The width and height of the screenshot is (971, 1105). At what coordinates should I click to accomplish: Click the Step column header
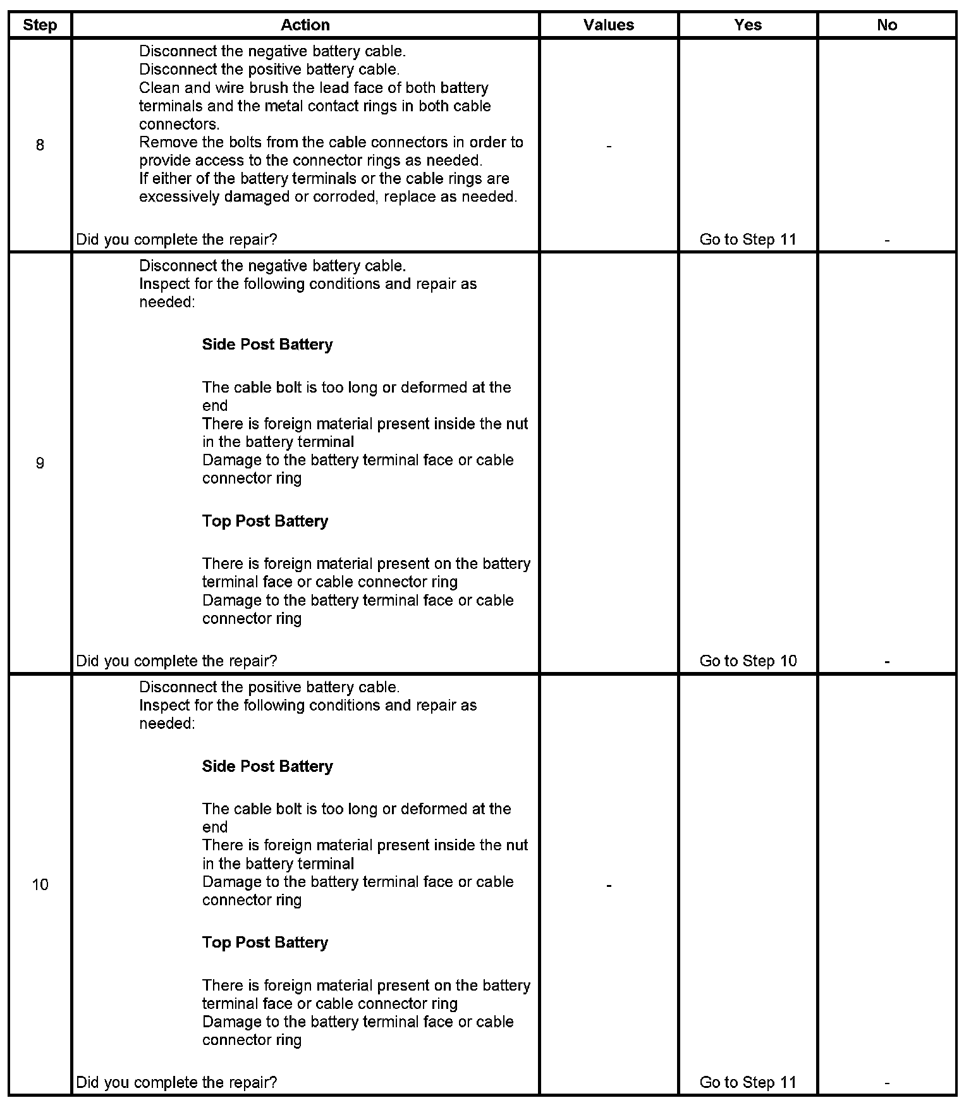pyautogui.click(x=40, y=25)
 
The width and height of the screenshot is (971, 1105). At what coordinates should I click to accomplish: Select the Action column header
pyautogui.click(x=305, y=25)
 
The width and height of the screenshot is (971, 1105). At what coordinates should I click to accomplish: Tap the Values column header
pyautogui.click(x=609, y=25)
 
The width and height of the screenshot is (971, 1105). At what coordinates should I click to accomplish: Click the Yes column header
pyautogui.click(x=748, y=25)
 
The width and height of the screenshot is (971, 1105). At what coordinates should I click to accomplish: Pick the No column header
pyautogui.click(x=887, y=25)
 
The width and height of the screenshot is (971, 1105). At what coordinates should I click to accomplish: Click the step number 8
pyautogui.click(x=40, y=145)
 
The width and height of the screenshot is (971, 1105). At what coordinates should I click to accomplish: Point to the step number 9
pyautogui.click(x=40, y=463)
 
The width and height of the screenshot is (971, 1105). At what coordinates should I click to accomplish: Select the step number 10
pyautogui.click(x=40, y=884)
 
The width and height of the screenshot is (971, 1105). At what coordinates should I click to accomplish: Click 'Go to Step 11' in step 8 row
pyautogui.click(x=748, y=240)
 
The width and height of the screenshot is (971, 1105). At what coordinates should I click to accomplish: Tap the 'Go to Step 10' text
pyautogui.click(x=748, y=661)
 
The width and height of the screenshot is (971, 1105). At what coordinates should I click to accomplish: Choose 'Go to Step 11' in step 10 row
pyautogui.click(x=748, y=1082)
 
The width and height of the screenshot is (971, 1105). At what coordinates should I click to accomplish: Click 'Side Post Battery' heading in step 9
pyautogui.click(x=267, y=345)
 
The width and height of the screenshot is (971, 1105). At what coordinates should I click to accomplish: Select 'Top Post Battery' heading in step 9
pyautogui.click(x=265, y=522)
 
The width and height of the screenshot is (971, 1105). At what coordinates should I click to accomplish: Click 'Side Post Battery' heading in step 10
pyautogui.click(x=267, y=766)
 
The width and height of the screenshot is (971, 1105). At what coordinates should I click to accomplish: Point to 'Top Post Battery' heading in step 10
pyautogui.click(x=265, y=943)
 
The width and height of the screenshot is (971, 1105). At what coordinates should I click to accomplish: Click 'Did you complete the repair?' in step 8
pyautogui.click(x=176, y=240)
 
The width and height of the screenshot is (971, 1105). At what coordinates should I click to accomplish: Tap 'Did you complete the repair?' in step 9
pyautogui.click(x=176, y=661)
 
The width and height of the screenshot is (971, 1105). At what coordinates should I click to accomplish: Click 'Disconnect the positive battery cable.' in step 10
pyautogui.click(x=269, y=687)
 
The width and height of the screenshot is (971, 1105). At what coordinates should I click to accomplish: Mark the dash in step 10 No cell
pyautogui.click(x=887, y=1084)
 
